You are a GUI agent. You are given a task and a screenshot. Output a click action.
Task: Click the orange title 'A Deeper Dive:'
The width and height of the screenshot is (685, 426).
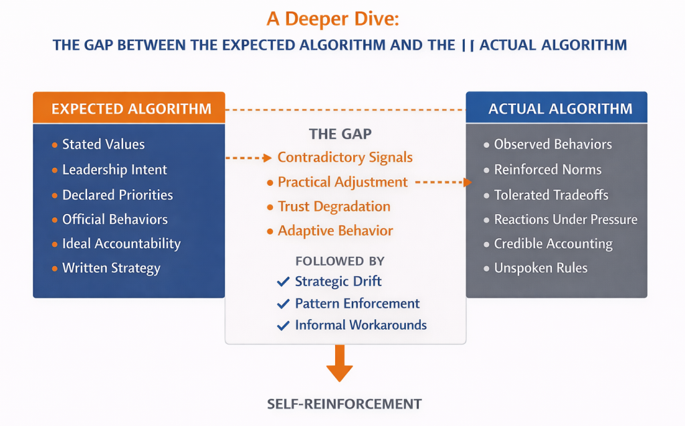[332, 18]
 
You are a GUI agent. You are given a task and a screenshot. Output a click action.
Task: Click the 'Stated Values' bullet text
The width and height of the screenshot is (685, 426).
[103, 144]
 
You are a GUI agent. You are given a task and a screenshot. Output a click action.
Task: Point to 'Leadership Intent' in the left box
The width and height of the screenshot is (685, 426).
[114, 170]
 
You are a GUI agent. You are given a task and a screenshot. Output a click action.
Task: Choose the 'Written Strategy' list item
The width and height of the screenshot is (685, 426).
[111, 268]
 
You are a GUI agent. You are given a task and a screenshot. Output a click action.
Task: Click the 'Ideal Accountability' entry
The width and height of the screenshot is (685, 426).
[121, 243]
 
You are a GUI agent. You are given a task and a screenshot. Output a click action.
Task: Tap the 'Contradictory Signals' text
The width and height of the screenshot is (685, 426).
[345, 158]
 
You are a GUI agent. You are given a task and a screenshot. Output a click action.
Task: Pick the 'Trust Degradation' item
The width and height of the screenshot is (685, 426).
[334, 207]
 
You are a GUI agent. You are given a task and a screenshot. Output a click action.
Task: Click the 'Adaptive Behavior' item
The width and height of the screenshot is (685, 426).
[335, 231]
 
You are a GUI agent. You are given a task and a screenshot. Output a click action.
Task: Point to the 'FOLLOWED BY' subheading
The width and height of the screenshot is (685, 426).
[340, 261]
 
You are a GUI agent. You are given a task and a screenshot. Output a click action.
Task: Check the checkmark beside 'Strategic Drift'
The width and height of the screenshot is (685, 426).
[283, 282]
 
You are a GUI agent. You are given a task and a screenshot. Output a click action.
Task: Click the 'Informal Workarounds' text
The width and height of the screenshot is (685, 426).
[361, 326]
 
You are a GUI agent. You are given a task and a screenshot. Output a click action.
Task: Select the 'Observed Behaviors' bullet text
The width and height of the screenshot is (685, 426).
[553, 144]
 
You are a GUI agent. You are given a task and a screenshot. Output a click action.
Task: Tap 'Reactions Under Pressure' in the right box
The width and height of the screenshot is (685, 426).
[565, 219]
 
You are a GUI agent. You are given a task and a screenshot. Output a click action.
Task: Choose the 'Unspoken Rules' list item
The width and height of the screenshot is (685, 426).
[541, 268]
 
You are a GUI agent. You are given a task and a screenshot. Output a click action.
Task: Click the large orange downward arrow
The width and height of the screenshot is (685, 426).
[339, 363]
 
